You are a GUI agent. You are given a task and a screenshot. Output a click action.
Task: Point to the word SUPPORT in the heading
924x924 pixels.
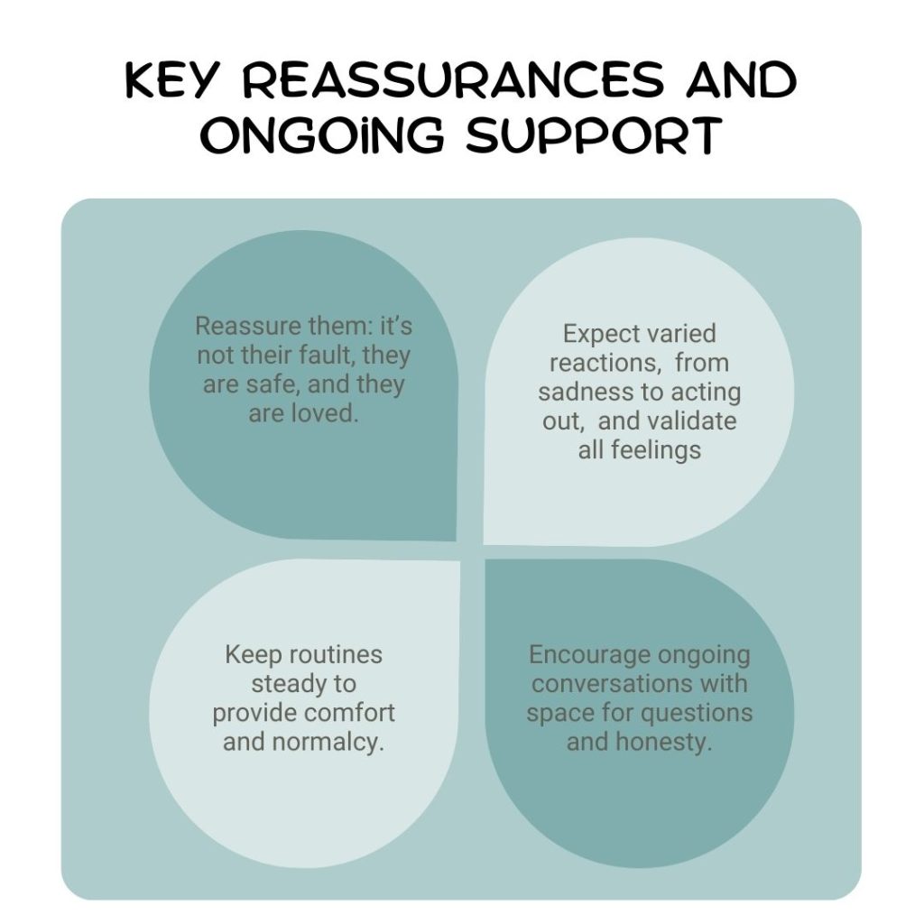590,137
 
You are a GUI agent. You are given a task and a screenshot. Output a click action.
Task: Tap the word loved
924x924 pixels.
325,415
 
